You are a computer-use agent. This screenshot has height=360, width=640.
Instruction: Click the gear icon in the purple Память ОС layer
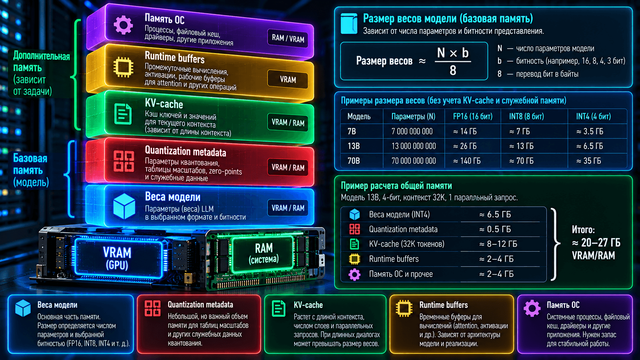pyautogui.click(x=123, y=25)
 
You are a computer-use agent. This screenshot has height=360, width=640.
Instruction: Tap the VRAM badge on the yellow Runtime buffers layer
pyautogui.click(x=288, y=79)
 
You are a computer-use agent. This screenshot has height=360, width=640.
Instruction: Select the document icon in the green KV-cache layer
pyautogui.click(x=123, y=114)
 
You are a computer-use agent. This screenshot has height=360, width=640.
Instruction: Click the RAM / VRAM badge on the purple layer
pyautogui.click(x=288, y=38)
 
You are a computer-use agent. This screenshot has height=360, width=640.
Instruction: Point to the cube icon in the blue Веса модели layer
pyautogui.click(x=124, y=206)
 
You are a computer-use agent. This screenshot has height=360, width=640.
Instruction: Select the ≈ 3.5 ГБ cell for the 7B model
pyautogui.click(x=590, y=132)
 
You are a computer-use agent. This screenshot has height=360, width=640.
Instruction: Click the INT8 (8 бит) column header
pyautogui.click(x=526, y=116)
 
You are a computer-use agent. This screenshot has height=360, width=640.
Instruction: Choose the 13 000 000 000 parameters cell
pyautogui.click(x=413, y=146)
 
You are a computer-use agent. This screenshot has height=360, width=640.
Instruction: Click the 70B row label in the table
pyautogui.click(x=353, y=161)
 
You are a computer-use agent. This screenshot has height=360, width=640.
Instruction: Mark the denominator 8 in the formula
pyautogui.click(x=453, y=70)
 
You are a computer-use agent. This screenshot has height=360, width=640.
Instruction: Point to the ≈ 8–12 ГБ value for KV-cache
pyautogui.click(x=498, y=244)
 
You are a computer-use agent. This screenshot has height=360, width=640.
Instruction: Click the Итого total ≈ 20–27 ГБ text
pyautogui.click(x=596, y=243)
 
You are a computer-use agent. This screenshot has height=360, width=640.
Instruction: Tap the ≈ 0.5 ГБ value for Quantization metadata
pyautogui.click(x=495, y=229)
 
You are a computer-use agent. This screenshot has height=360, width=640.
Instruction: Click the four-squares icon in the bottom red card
pyautogui.click(x=153, y=308)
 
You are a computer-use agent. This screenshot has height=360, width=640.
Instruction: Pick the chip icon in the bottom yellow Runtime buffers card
pyautogui.click(x=404, y=308)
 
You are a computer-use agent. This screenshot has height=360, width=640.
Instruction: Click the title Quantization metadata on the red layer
pyautogui.click(x=185, y=151)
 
